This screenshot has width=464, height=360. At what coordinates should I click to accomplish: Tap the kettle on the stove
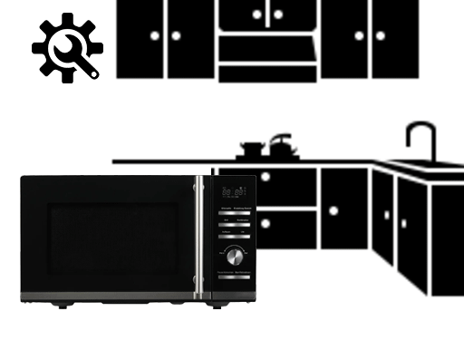pos(281,144)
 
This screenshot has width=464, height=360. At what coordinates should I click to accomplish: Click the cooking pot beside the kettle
pos(252,148)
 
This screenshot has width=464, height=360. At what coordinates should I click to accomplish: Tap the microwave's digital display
pos(234,192)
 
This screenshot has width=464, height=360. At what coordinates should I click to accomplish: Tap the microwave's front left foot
pos(62,306)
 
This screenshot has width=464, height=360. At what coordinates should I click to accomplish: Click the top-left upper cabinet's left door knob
pos(155,36)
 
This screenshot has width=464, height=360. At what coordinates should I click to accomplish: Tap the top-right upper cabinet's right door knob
pos(381,36)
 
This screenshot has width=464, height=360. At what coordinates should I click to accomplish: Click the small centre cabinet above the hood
pos(267,14)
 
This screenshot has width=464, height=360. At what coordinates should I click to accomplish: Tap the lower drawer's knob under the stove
pos(265,222)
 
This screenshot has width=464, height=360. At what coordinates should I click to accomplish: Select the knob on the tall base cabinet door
pos(333,210)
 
